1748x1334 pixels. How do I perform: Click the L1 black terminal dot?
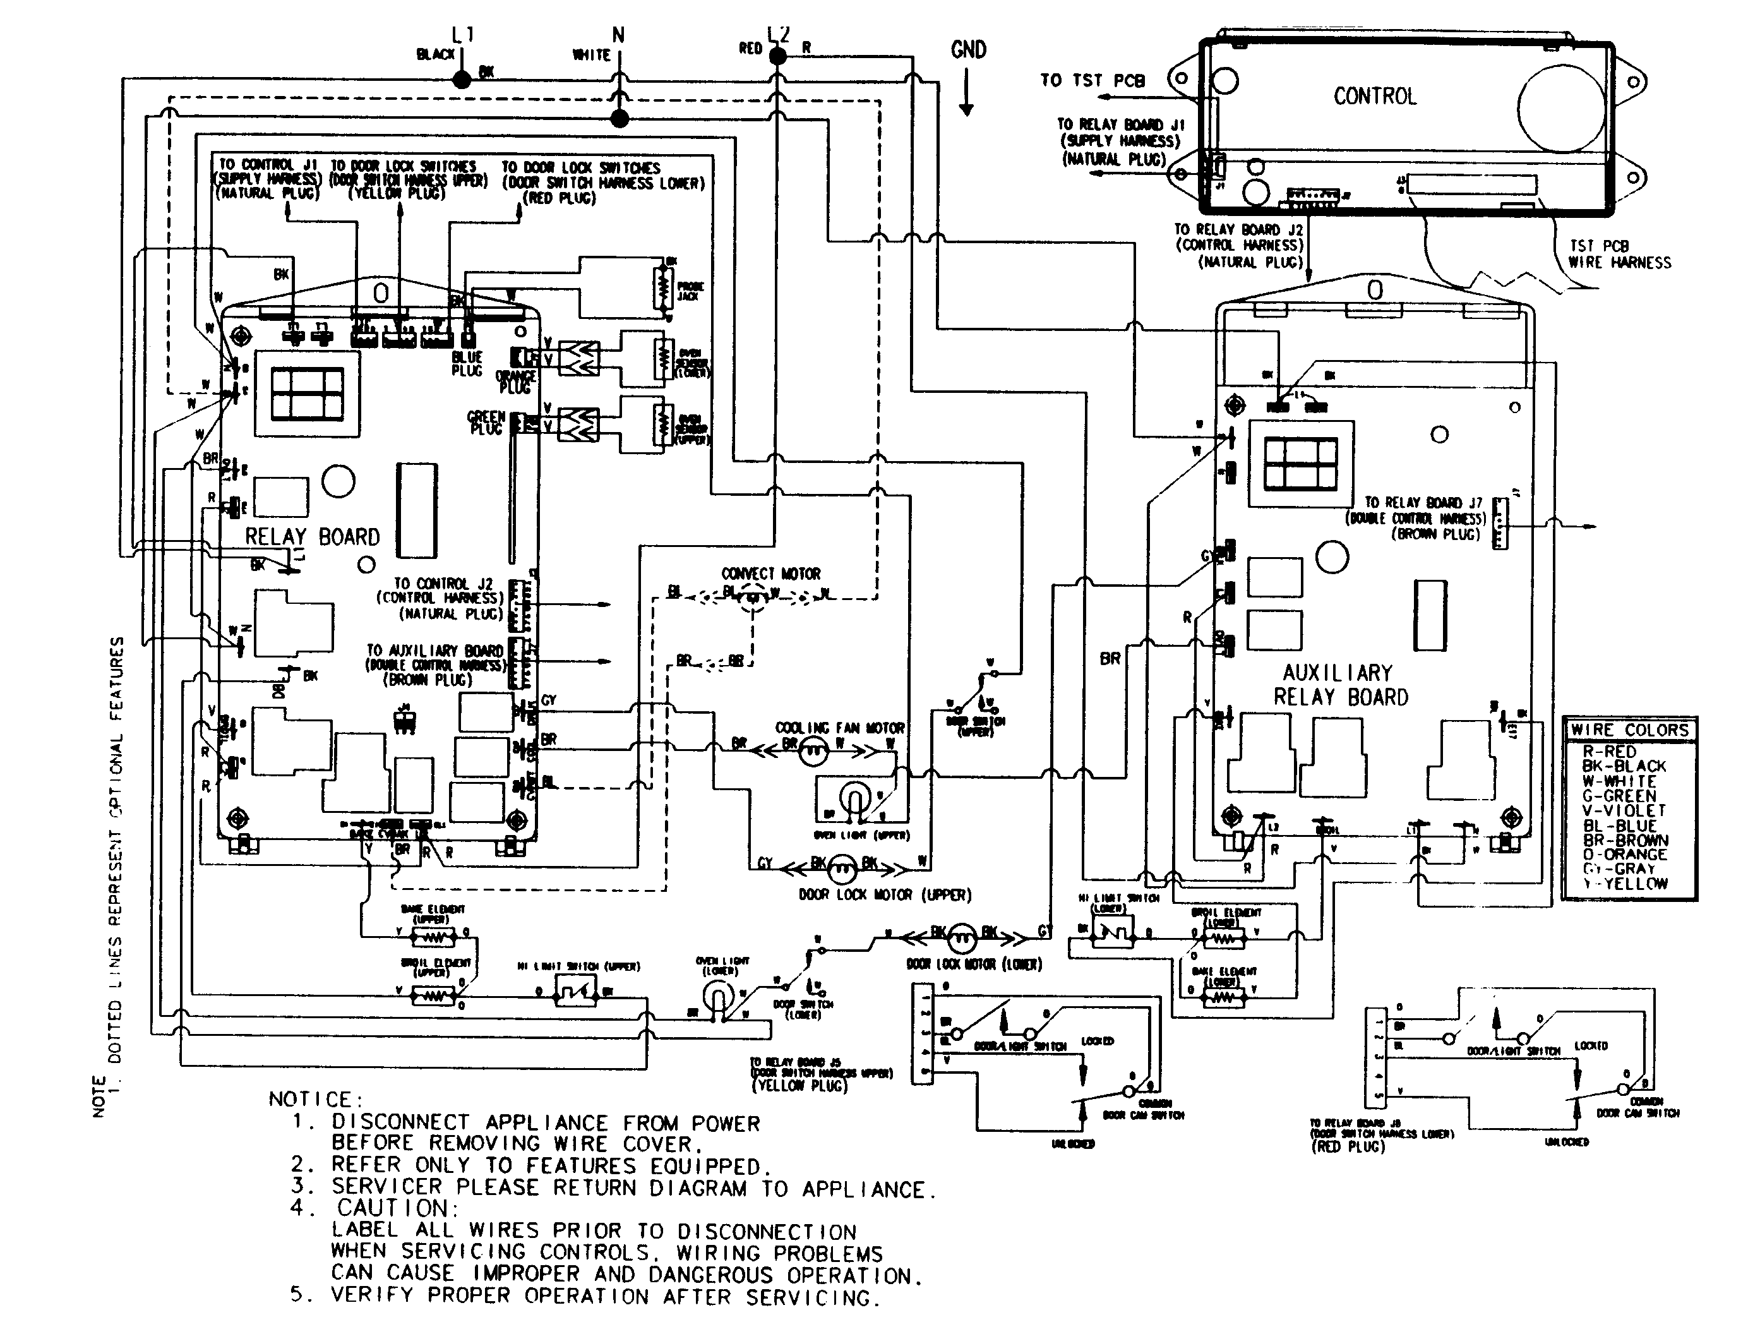coord(461,80)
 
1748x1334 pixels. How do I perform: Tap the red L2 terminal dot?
coord(779,56)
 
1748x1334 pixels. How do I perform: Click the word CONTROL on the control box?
coord(1375,97)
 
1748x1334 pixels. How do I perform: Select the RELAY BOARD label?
coord(312,537)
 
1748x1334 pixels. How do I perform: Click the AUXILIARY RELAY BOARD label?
coord(1340,685)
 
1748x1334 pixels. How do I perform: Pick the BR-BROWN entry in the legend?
coord(1625,840)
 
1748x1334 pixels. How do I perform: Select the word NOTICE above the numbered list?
coord(315,1100)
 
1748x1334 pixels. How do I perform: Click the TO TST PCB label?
coord(1092,80)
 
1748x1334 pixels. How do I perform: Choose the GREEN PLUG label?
coord(486,423)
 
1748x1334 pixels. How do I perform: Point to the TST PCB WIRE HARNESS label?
coord(1619,254)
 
